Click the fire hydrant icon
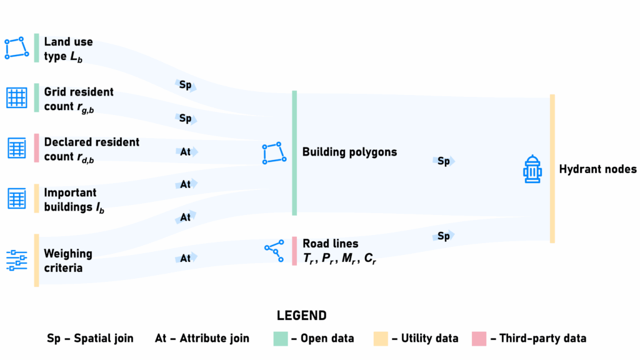point(532,169)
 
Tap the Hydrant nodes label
point(597,169)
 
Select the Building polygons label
point(349,152)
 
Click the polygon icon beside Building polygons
point(274,153)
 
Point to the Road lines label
point(331,244)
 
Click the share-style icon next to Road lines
point(273,249)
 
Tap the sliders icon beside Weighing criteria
point(17,260)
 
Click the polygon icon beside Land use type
point(16,48)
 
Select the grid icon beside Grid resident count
point(17,98)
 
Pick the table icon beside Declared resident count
point(17,148)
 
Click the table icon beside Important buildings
point(17,199)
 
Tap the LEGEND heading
point(302,316)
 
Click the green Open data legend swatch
point(280,338)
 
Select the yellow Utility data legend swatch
point(380,338)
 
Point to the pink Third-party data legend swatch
point(479,338)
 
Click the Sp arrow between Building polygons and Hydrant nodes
point(443,161)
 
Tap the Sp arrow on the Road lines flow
point(443,236)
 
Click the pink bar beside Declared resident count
point(37,148)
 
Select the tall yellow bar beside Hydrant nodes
point(552,169)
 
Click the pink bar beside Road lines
point(294,251)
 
